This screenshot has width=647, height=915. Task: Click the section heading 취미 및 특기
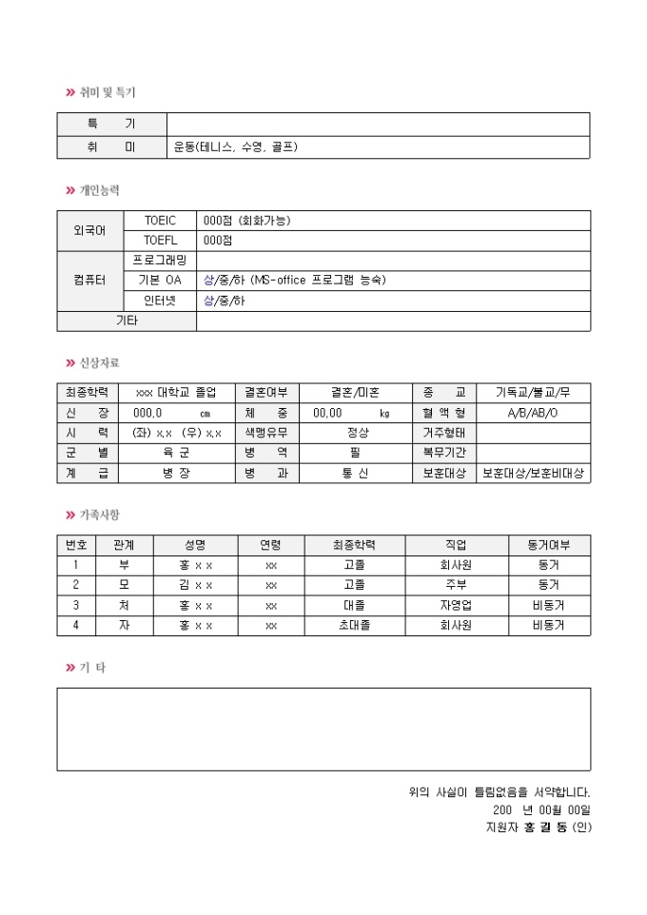(107, 92)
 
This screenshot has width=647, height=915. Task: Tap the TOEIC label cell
(161, 221)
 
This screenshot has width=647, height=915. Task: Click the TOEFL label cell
(161, 241)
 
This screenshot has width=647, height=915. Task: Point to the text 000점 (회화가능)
(247, 221)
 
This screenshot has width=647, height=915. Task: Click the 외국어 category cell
(90, 231)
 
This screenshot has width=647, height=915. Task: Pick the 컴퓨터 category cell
(90, 281)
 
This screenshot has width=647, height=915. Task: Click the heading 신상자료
(99, 362)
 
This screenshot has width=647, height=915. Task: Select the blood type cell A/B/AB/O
(533, 413)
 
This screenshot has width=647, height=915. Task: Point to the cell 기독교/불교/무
(533, 393)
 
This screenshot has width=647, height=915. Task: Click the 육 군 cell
(177, 453)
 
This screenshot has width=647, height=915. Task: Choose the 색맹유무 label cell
(266, 433)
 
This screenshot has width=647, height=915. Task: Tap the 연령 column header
(271, 545)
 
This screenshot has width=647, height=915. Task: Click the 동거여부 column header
(548, 545)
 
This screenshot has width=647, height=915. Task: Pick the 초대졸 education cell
(355, 625)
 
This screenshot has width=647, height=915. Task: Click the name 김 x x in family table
(196, 585)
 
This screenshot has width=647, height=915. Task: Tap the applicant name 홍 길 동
(539, 827)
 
